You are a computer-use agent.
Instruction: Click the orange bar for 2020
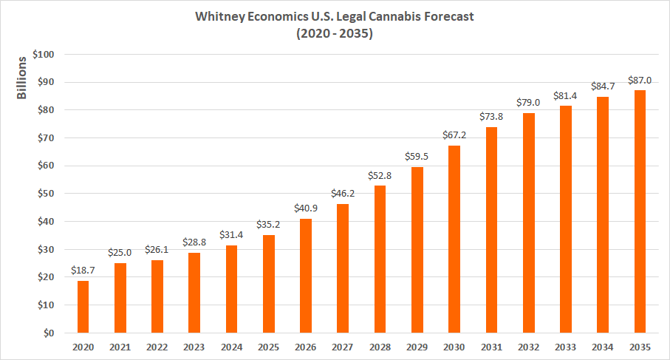(83, 307)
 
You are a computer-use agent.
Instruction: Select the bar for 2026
(306, 276)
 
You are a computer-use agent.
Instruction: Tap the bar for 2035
(639, 211)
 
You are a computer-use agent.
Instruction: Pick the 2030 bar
(454, 240)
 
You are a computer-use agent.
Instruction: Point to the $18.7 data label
(83, 271)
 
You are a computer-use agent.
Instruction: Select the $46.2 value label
(343, 194)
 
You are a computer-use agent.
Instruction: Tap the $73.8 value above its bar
(491, 117)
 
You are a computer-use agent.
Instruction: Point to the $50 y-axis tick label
(44, 194)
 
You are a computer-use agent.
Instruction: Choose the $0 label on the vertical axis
(47, 333)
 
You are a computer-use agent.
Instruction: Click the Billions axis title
(21, 76)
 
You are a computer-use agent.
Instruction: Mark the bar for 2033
(565, 220)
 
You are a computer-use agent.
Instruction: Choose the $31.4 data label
(232, 235)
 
